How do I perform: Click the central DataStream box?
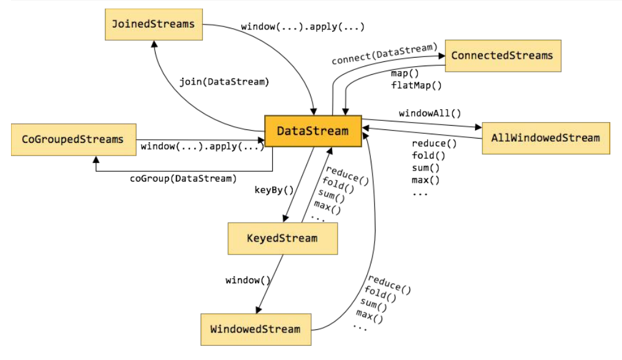[x=313, y=131]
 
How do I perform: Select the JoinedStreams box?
[x=153, y=25]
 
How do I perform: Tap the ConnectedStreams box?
[x=502, y=56]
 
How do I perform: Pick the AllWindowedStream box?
[x=545, y=138]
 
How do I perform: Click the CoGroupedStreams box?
[x=72, y=139]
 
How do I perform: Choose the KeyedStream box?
[x=282, y=238]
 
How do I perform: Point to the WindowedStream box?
[x=256, y=329]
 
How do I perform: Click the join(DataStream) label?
[x=224, y=81]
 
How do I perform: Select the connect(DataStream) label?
[x=384, y=54]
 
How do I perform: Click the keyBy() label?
[x=275, y=190]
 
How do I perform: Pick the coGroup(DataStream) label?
[x=183, y=178]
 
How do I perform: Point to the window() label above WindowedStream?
[x=248, y=280]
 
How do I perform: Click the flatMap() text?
[x=416, y=85]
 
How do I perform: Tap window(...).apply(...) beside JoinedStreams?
[x=303, y=27]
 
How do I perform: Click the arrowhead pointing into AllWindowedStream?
[x=479, y=127]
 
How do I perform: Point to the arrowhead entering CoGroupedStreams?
[x=96, y=159]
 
